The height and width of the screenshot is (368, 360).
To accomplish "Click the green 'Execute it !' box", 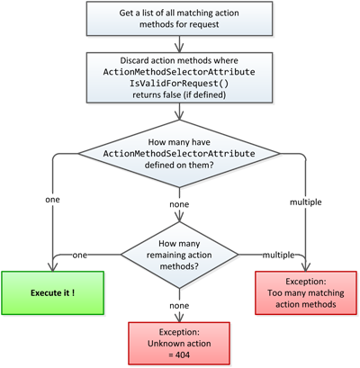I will coord(52,292).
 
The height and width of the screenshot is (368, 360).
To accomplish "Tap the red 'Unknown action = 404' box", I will coord(179,344).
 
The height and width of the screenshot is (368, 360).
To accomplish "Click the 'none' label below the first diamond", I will coord(179,204).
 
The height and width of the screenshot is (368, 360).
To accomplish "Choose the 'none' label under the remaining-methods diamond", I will coord(179,306).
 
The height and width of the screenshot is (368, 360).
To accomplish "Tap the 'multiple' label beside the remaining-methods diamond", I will coord(277,256).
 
